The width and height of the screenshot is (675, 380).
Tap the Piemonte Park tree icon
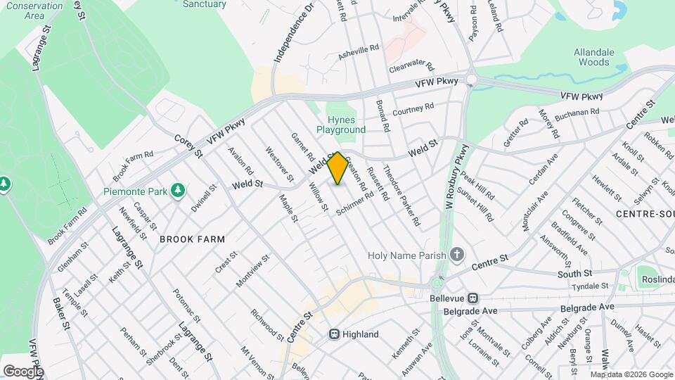coord(179,190)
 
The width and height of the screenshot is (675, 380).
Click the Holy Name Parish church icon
coord(457,254)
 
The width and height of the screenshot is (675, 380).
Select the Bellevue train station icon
coord(473,298)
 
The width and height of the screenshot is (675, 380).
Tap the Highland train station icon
coord(335,334)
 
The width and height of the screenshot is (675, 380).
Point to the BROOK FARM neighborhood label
coord(192,239)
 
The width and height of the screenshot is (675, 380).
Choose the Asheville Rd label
coord(359,51)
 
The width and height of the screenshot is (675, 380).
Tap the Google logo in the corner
coord(22,371)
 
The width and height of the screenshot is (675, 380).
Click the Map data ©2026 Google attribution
coord(630,374)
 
